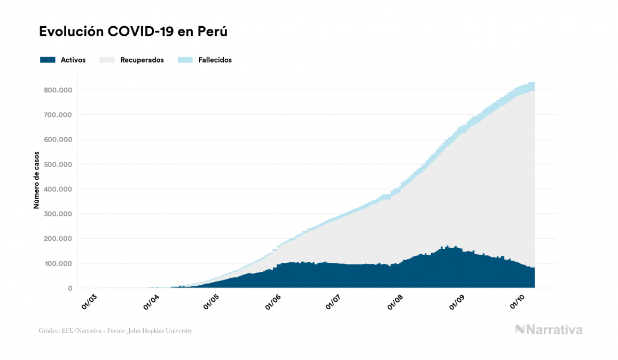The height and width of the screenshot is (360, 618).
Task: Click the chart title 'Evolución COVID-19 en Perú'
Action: click(x=133, y=32)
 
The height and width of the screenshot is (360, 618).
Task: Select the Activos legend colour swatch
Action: click(x=48, y=60)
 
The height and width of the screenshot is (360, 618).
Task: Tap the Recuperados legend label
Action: click(x=142, y=60)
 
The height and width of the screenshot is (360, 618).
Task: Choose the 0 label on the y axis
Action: click(x=69, y=288)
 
